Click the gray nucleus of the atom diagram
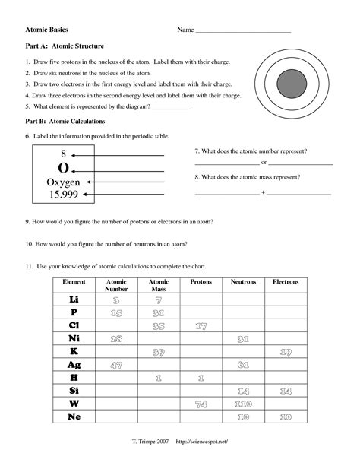[x=291, y=81]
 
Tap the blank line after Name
[x=243, y=32]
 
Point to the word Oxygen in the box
[x=63, y=182]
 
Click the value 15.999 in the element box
[x=63, y=195]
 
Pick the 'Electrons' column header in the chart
[x=286, y=282]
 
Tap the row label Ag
[x=74, y=365]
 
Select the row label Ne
[x=74, y=417]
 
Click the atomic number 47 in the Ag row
[x=116, y=365]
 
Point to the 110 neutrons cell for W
[x=245, y=404]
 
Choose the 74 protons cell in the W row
[x=201, y=404]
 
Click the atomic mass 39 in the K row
[x=159, y=352]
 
